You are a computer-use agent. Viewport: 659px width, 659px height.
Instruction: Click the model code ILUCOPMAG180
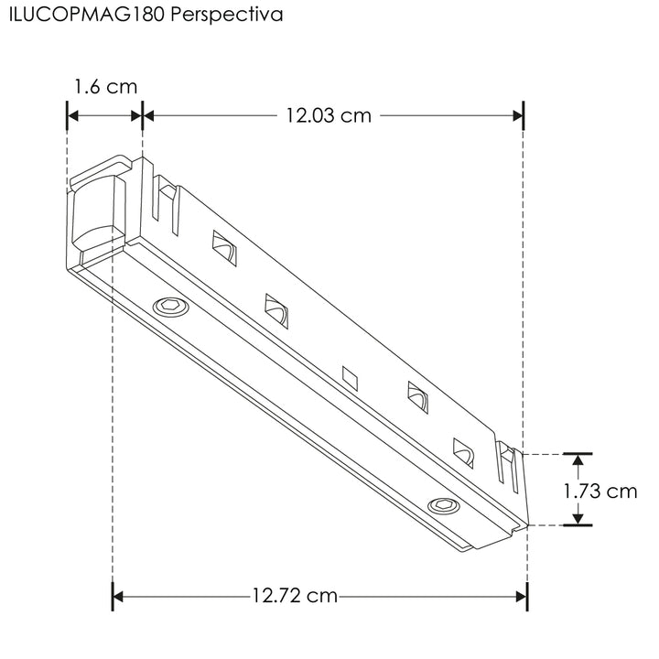click(86, 16)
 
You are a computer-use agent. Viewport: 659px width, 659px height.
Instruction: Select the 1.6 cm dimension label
click(105, 87)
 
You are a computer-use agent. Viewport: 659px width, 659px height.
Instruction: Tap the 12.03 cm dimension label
click(328, 115)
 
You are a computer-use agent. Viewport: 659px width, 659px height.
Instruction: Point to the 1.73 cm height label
click(600, 491)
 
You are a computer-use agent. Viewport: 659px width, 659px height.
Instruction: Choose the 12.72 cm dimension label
click(295, 597)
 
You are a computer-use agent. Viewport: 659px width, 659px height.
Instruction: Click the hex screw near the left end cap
click(169, 307)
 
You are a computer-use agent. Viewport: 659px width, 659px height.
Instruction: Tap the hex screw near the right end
click(444, 505)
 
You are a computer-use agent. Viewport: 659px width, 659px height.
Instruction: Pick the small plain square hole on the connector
click(349, 375)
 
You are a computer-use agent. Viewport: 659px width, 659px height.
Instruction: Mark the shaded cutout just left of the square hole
click(276, 309)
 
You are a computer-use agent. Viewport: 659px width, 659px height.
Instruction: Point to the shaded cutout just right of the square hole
click(417, 397)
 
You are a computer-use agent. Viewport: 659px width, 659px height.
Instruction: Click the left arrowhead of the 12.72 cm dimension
click(118, 597)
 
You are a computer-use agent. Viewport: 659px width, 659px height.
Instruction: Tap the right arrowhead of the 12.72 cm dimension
click(521, 597)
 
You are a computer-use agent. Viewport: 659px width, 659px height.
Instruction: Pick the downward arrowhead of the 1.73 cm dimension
click(577, 518)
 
